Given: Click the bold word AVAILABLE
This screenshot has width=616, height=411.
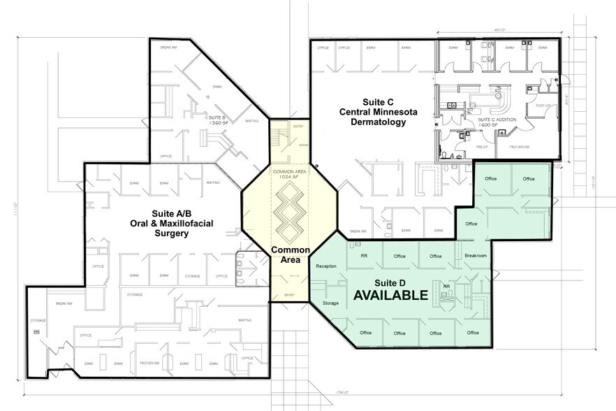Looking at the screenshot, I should coord(390,296).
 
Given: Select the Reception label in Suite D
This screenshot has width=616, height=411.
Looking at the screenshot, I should coord(326,267).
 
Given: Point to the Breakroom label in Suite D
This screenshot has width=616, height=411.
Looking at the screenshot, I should coord(475,256).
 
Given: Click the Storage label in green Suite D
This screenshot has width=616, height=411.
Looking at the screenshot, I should coord(330,303).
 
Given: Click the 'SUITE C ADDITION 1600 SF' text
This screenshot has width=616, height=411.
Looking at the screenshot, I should coord(497,122).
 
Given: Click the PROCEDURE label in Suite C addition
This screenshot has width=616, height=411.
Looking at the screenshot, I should coord(519,147).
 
